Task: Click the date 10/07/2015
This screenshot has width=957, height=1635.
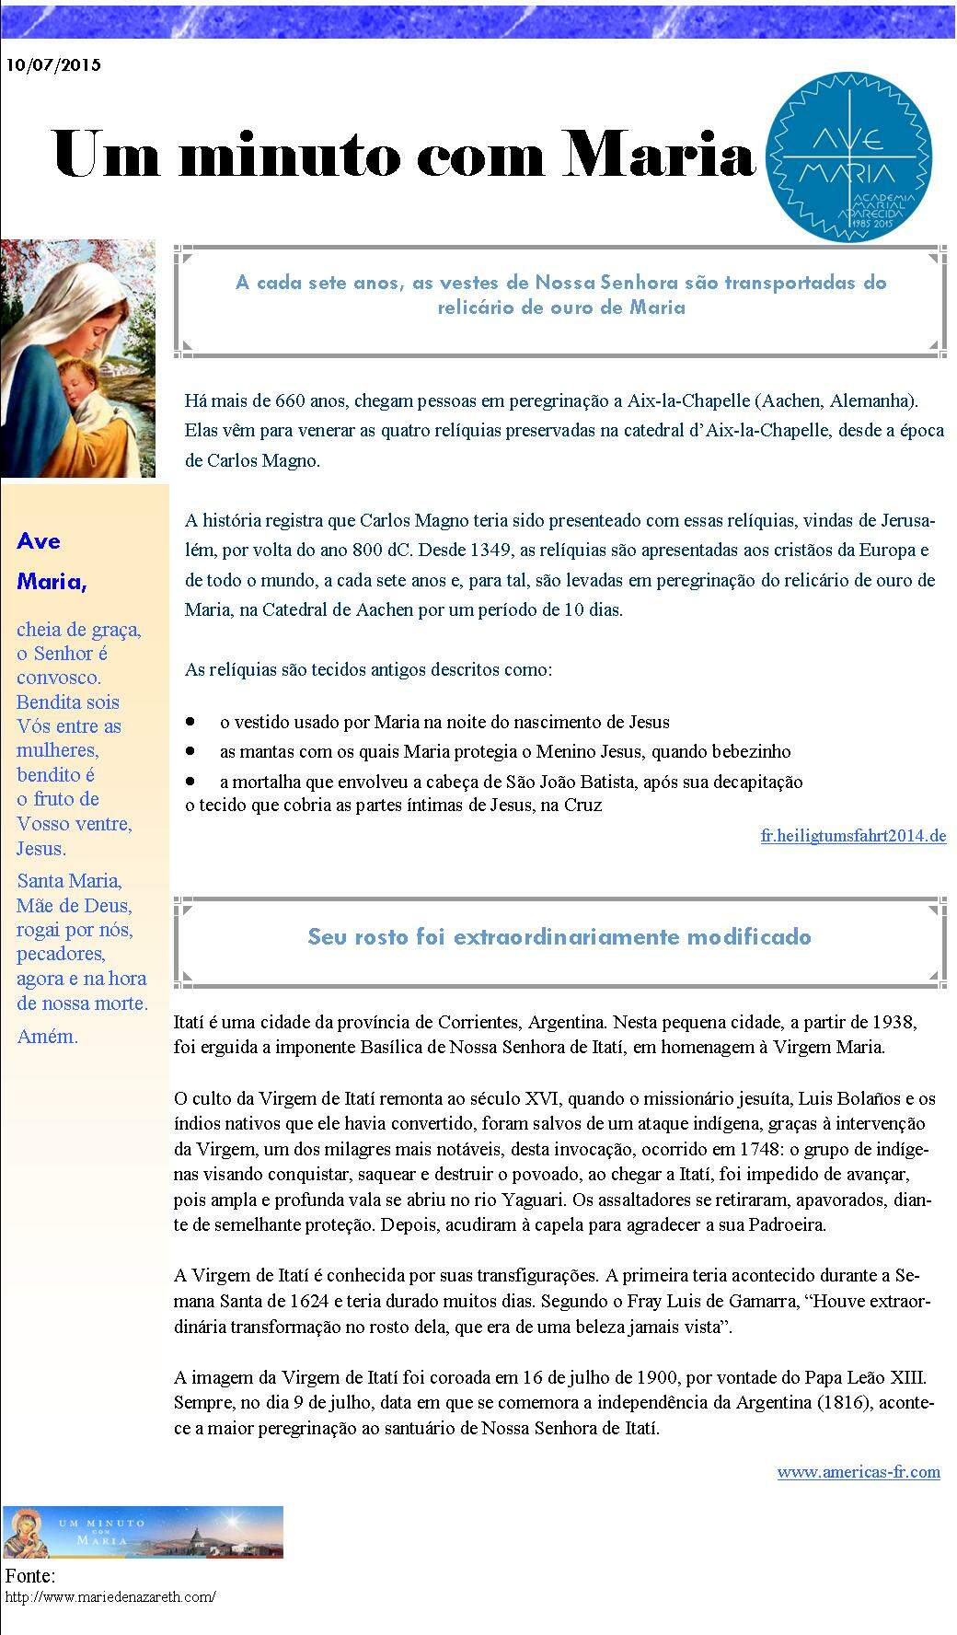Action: (53, 65)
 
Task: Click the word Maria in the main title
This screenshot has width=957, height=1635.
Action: (659, 153)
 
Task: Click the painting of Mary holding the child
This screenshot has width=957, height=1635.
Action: (78, 358)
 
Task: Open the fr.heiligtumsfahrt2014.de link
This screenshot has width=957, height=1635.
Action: (853, 837)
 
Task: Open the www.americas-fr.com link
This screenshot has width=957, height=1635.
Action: (858, 1472)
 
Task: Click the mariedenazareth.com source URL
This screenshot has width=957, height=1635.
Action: (110, 1597)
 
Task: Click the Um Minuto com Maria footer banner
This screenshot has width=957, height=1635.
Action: (143, 1532)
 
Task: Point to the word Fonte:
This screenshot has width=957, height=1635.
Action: (30, 1576)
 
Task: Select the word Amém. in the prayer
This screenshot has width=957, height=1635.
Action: (47, 1037)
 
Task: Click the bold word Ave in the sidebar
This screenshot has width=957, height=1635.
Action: (39, 541)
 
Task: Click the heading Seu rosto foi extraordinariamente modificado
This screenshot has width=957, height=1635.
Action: (559, 937)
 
